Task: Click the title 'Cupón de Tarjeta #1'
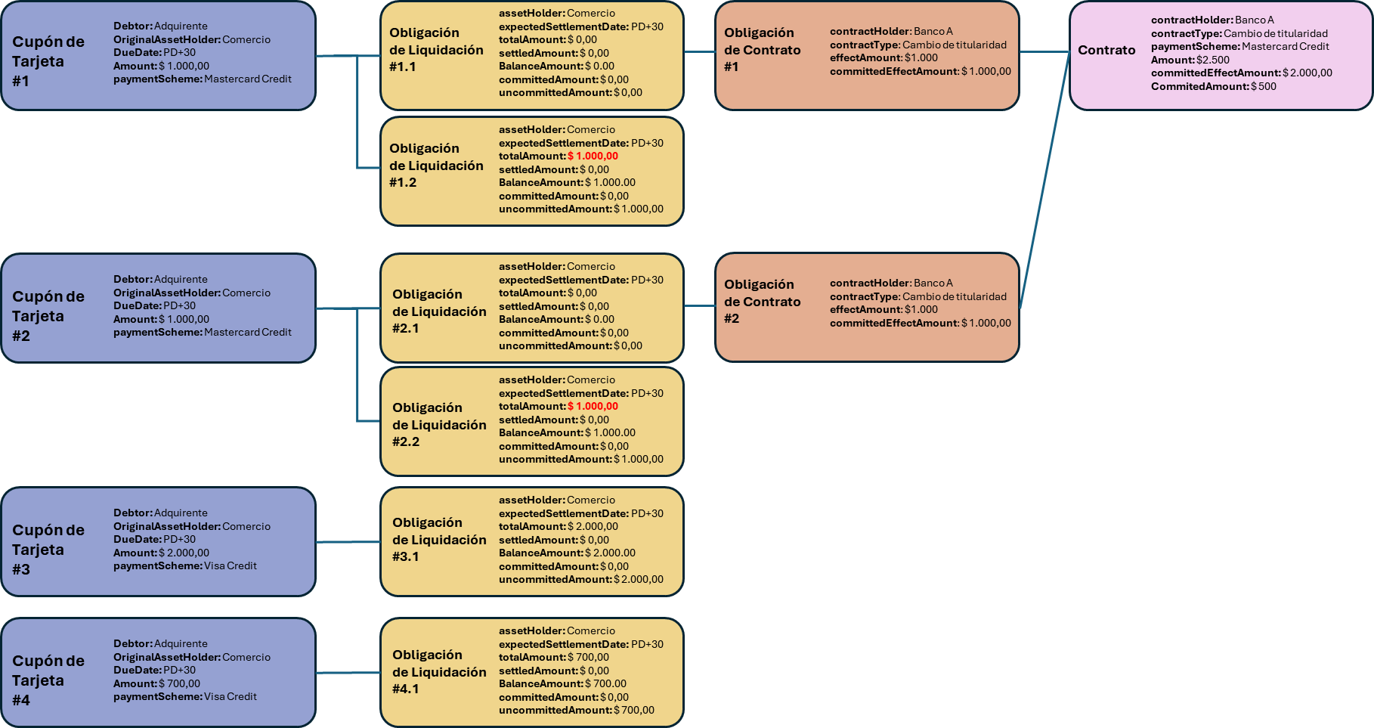point(48,61)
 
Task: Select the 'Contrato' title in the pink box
point(1106,50)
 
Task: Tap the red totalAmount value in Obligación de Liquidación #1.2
point(593,156)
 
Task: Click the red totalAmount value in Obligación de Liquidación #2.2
point(593,406)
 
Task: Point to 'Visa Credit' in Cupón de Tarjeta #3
point(231,565)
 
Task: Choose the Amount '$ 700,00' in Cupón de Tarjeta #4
point(179,683)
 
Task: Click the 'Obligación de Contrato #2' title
point(762,301)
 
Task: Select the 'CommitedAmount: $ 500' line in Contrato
point(1214,86)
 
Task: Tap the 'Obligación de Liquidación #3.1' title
point(439,539)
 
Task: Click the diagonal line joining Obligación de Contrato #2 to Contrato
point(1044,180)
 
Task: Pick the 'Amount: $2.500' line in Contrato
point(1190,60)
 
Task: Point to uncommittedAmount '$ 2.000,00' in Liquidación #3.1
point(639,579)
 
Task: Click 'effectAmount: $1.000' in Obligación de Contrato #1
point(884,57)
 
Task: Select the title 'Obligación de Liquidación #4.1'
point(439,671)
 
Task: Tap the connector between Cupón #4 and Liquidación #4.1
point(348,672)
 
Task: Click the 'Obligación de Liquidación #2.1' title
point(439,311)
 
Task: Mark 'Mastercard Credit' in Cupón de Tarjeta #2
point(248,332)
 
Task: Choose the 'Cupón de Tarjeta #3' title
point(48,550)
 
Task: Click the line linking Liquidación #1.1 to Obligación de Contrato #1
point(699,51)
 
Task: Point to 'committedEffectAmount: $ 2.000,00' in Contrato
point(1242,73)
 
